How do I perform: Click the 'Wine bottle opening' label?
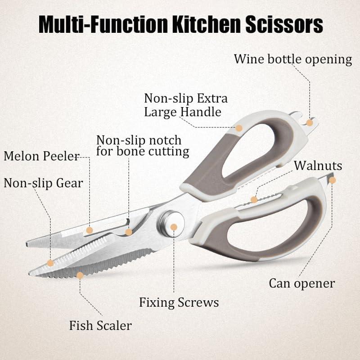[x=292, y=59]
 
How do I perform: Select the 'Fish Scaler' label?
[x=100, y=325]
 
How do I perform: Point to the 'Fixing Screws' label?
[x=179, y=302]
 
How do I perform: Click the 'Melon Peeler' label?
[x=41, y=156]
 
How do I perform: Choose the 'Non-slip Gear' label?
[x=43, y=183]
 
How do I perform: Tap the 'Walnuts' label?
[x=318, y=166]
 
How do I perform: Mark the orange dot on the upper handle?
[x=239, y=128]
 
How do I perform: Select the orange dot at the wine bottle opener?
[x=310, y=122]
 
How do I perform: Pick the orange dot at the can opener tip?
[x=333, y=180]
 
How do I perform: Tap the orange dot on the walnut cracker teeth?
[x=254, y=199]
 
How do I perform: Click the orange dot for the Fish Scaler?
[x=80, y=274]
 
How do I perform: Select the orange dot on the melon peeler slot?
[x=90, y=230]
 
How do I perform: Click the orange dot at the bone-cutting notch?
[x=129, y=232]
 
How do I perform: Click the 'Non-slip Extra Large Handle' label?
[x=185, y=105]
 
